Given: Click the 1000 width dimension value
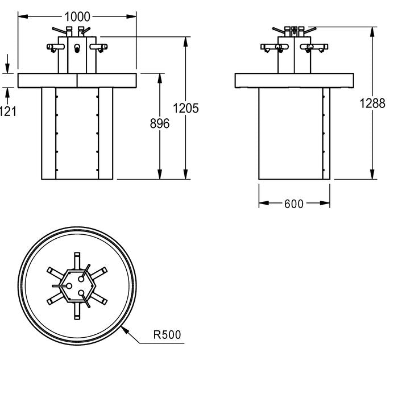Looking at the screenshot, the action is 77,17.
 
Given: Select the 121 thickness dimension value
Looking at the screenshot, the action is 7,111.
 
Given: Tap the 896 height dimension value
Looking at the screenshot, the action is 160,123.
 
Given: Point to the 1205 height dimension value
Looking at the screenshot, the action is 185,108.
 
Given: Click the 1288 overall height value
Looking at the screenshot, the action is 372,103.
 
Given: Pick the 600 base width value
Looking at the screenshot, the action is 294,204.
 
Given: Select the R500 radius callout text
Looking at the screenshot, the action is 167,334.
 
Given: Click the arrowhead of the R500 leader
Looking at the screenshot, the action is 125,330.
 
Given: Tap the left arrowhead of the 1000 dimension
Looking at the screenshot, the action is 23,16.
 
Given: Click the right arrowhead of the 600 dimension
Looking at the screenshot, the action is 325,203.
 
